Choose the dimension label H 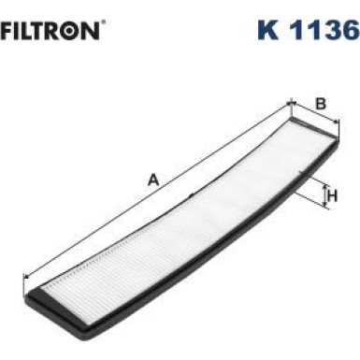click(332, 195)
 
